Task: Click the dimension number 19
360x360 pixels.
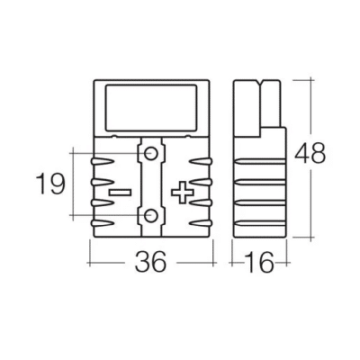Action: pyautogui.click(x=52, y=185)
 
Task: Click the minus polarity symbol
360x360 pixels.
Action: pyautogui.click(x=117, y=192)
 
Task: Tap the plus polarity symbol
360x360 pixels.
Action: pyautogui.click(x=183, y=192)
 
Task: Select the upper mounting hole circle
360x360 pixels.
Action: pyautogui.click(x=149, y=154)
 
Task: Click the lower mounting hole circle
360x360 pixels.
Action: pyautogui.click(x=149, y=216)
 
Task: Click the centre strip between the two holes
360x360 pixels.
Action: pyautogui.click(x=149, y=185)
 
